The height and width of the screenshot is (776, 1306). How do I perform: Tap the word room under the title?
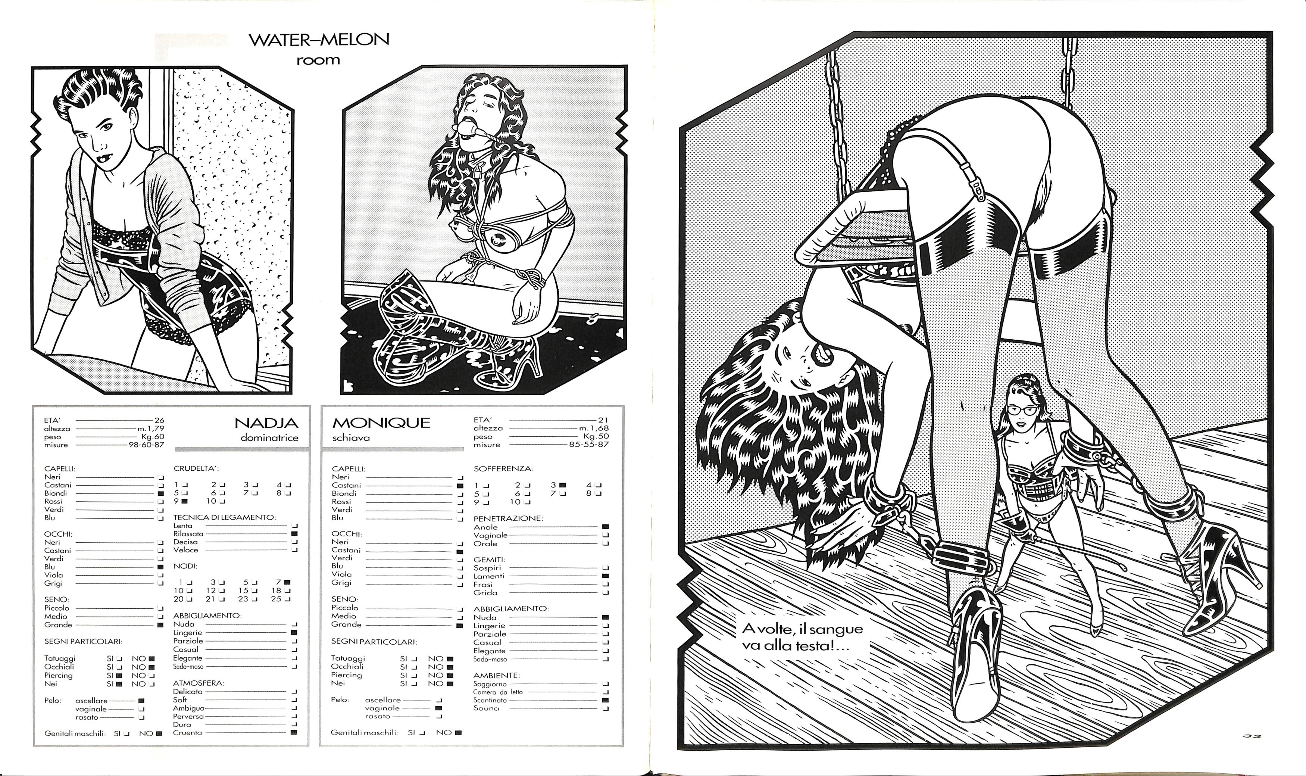click(x=318, y=60)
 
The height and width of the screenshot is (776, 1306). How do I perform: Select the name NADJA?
click(x=266, y=423)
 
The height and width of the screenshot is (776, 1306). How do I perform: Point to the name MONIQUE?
click(x=381, y=423)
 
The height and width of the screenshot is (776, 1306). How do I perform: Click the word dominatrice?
click(x=270, y=438)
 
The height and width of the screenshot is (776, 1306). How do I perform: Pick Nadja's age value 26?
click(x=159, y=420)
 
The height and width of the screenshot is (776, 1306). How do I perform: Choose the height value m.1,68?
click(x=594, y=428)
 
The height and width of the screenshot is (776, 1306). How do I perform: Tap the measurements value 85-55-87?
click(x=589, y=445)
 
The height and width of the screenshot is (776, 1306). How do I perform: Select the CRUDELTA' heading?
click(x=196, y=468)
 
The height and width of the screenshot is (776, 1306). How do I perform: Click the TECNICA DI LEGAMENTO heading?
click(x=225, y=517)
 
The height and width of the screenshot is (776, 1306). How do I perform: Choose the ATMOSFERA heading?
click(x=199, y=683)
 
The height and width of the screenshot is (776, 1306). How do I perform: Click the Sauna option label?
click(x=486, y=708)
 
